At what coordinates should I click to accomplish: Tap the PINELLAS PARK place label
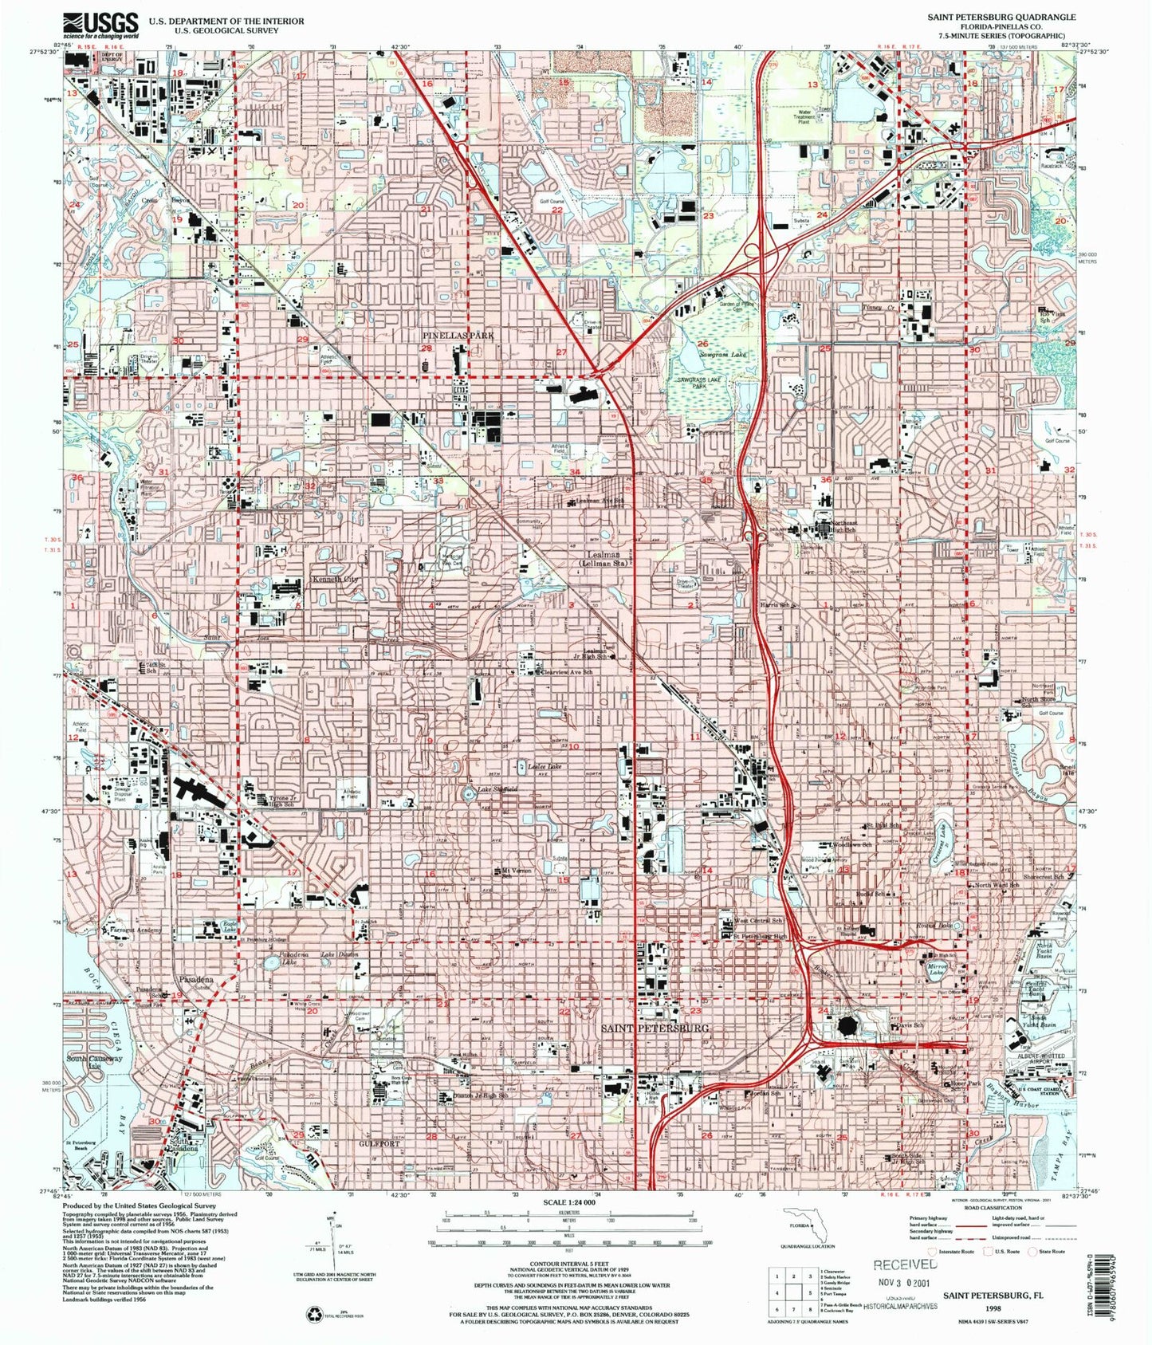click(x=458, y=336)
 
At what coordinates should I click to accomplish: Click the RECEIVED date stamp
click(x=906, y=1264)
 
